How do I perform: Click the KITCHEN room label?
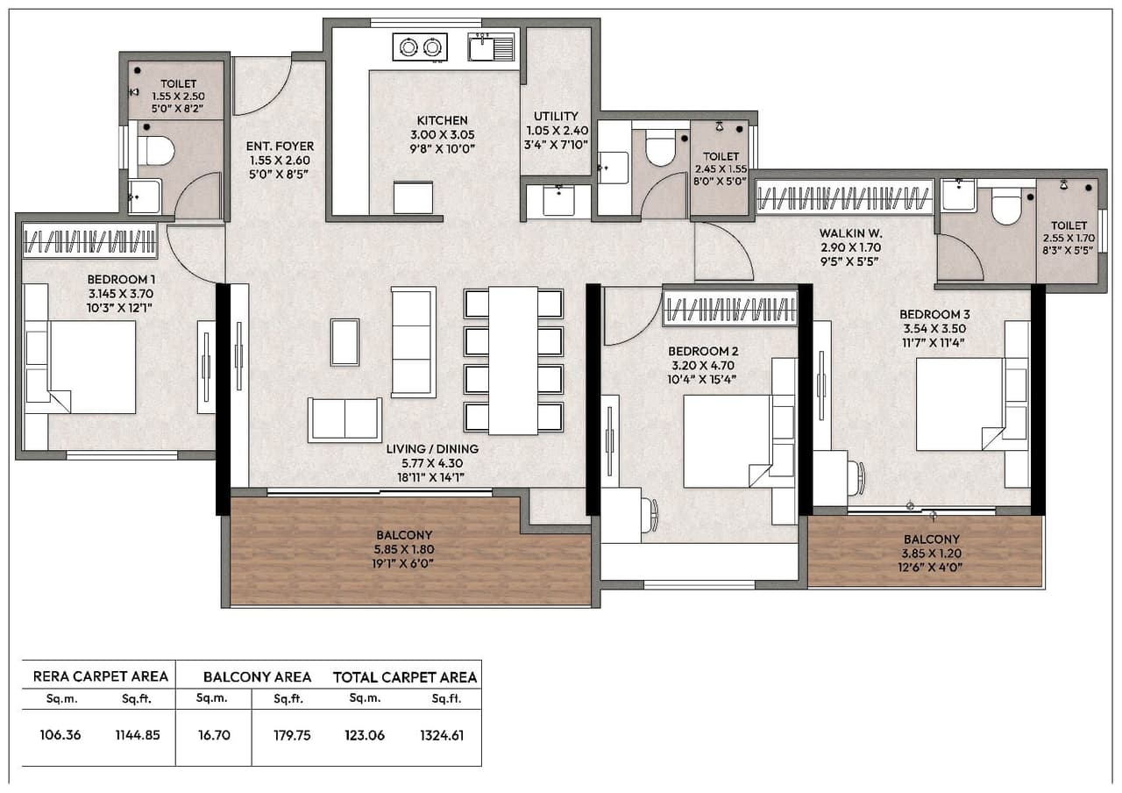(x=442, y=120)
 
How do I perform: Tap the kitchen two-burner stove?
(x=419, y=46)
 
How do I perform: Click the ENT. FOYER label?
(x=280, y=146)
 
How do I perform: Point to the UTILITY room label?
(x=556, y=116)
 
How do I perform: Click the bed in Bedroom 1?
(x=92, y=367)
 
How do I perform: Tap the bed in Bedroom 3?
(x=960, y=404)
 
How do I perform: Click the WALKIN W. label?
(x=850, y=233)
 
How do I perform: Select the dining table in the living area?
(x=513, y=360)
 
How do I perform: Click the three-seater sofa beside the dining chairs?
(x=413, y=341)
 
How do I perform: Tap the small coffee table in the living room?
(x=344, y=341)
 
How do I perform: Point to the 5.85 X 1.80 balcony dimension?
(x=404, y=549)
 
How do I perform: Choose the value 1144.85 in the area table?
(x=138, y=735)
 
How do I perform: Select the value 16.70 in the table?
(x=213, y=735)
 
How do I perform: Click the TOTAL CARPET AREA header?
(x=405, y=677)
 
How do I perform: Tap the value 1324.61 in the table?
(x=442, y=735)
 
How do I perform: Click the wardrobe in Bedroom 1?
(x=89, y=240)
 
